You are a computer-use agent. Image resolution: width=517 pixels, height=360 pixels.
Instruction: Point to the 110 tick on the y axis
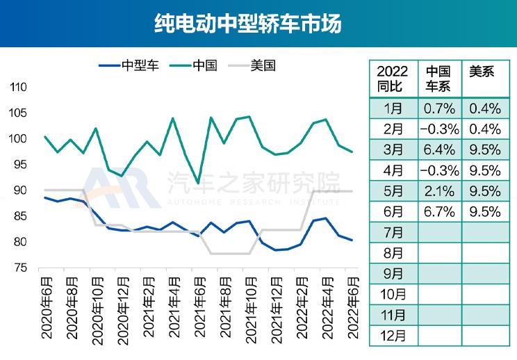(x=17, y=88)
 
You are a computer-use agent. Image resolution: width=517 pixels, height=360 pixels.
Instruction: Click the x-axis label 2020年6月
(x=47, y=306)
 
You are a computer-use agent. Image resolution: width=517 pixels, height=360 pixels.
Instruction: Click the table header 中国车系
(x=438, y=79)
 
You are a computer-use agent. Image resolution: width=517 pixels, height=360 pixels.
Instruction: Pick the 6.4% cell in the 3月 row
(x=438, y=149)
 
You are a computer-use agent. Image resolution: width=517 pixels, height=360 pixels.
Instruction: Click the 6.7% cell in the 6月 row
(x=438, y=211)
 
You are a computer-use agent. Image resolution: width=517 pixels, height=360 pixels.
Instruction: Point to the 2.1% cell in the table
(x=438, y=190)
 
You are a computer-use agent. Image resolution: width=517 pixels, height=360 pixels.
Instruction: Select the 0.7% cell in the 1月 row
(x=438, y=108)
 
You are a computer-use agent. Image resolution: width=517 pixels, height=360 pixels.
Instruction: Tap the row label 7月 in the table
(x=393, y=231)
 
